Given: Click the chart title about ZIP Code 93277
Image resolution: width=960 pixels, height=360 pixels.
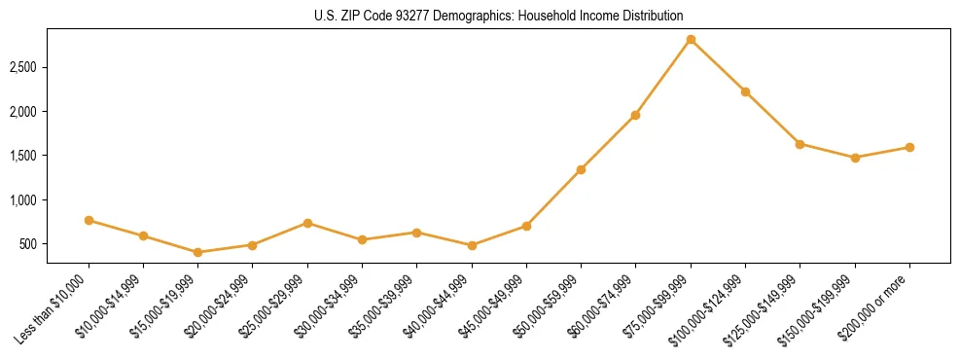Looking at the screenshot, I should coord(499,16).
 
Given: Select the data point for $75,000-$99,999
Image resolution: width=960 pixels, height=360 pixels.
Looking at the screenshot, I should coord(691,40).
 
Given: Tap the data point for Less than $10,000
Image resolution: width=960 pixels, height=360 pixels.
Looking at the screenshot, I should coord(89,221).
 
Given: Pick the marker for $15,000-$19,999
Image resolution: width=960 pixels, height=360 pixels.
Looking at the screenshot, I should coord(198,252).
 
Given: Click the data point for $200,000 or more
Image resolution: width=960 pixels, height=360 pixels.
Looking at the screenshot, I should coord(909,148).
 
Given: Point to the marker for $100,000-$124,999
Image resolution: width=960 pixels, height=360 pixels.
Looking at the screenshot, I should coord(745,91).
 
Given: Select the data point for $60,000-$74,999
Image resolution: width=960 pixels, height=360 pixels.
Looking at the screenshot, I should coord(635,115).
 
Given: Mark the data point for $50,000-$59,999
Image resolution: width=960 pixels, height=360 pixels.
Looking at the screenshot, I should coord(581,169).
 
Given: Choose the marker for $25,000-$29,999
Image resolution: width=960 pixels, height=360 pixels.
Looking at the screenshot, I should coord(307,223).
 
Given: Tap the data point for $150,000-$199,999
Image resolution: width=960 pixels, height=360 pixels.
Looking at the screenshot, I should coord(855,158).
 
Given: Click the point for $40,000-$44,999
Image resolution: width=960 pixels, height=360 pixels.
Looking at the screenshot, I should coord(472,245).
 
